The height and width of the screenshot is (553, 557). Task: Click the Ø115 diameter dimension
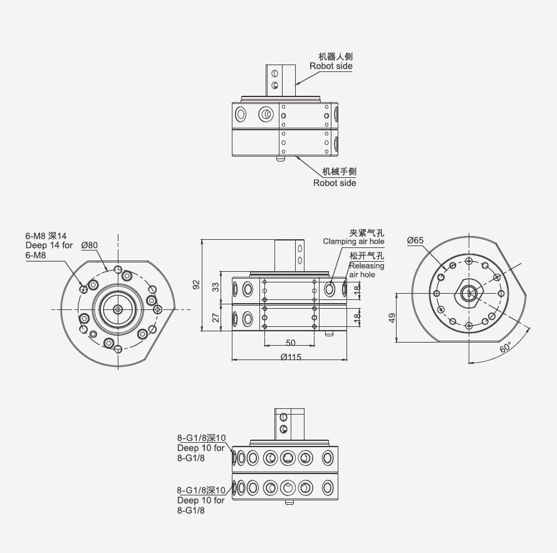[291, 356]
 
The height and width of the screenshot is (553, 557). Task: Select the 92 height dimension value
[196, 284]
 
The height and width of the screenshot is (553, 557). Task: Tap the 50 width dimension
[291, 343]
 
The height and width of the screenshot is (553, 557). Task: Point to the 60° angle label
[505, 347]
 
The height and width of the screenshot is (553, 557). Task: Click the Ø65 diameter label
[415, 240]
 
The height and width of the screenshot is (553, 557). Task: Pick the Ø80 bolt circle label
[89, 245]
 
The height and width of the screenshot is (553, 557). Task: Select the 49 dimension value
[392, 318]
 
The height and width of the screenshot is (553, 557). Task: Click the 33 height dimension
[216, 287]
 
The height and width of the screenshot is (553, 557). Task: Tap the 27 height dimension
[216, 317]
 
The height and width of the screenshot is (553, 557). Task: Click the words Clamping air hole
[353, 242]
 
